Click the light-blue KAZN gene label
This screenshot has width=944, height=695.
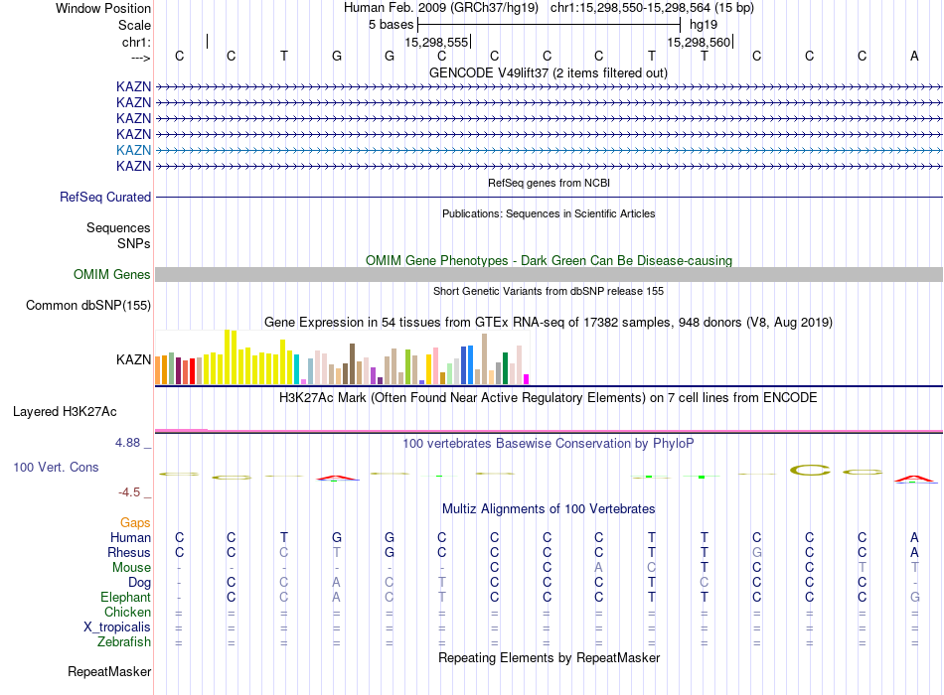(133, 150)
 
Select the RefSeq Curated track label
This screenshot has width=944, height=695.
(105, 198)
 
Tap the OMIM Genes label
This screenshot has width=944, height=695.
(112, 275)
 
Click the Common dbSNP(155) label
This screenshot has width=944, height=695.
(88, 306)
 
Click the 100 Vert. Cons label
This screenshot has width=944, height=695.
(56, 467)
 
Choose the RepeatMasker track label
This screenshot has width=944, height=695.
(109, 672)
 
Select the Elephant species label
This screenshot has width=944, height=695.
(125, 598)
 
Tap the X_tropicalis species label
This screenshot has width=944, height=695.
(117, 627)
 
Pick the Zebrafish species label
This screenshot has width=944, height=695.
(123, 642)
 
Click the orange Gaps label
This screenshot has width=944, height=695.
(135, 522)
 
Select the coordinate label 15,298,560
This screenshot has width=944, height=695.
(699, 43)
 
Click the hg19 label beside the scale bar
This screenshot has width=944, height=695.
(704, 24)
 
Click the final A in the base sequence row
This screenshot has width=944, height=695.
(914, 56)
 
